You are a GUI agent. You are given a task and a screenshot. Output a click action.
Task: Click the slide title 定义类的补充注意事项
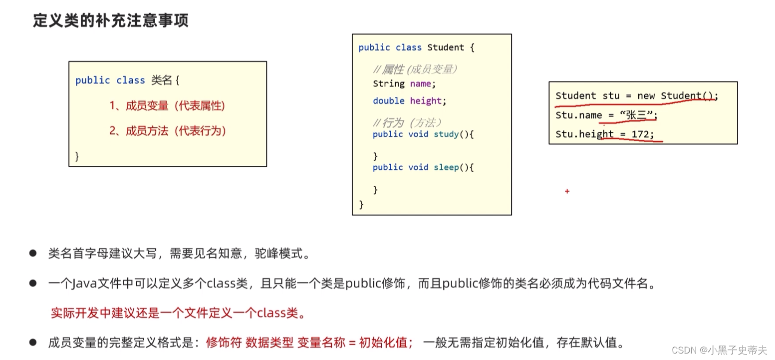coord(110,21)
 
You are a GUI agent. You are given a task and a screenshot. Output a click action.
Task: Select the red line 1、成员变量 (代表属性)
coord(167,106)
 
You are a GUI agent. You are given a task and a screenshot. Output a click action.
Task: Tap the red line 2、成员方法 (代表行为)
coord(168,131)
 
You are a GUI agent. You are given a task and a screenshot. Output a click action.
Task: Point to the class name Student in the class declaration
coord(446,47)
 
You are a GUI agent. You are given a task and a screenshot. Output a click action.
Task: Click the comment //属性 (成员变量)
coord(415,69)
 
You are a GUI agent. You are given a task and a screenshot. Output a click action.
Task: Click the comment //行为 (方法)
coord(407,122)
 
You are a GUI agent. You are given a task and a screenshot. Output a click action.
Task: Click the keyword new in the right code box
coord(646,96)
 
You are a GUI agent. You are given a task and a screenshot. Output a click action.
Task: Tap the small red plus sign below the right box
coord(567,191)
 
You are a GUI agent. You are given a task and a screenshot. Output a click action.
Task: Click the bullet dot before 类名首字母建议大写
coord(33,253)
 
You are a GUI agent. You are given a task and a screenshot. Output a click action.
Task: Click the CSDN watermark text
coord(719,350)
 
